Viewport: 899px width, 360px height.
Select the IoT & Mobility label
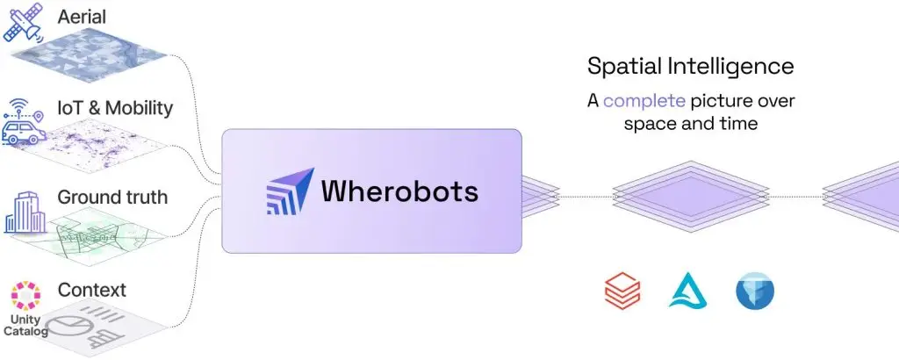pyautogui.click(x=115, y=108)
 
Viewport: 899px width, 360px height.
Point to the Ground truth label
pyautogui.click(x=111, y=197)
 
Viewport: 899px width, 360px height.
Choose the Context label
pyautogui.click(x=91, y=289)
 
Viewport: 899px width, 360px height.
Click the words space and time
pyautogui.click(x=690, y=124)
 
